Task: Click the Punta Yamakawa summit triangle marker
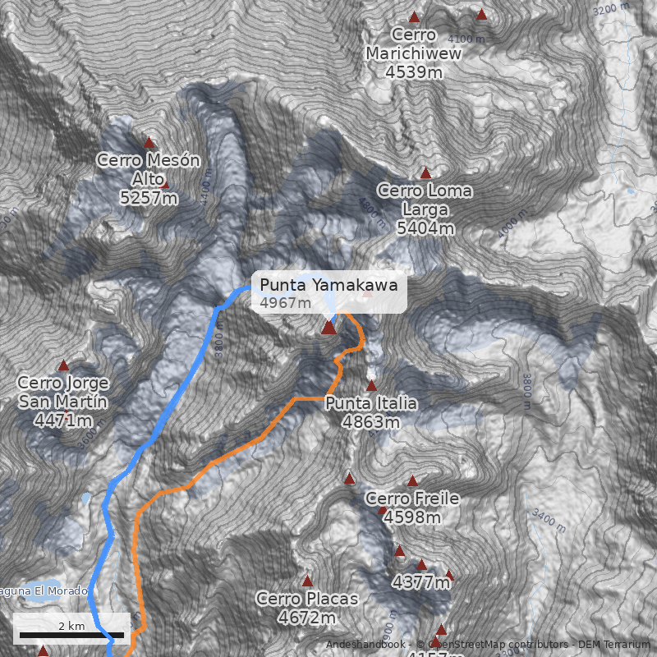(x=328, y=328)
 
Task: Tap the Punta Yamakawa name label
(x=328, y=285)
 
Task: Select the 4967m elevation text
(x=286, y=303)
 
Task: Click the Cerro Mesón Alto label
(x=149, y=169)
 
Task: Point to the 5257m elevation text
(x=149, y=197)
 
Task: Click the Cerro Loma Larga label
(x=425, y=200)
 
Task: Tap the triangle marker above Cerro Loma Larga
(x=425, y=173)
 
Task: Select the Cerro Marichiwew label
(x=414, y=44)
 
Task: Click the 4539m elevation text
(x=414, y=71)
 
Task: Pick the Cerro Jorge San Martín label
(x=63, y=392)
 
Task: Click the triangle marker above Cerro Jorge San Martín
(x=63, y=365)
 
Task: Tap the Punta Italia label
(x=371, y=403)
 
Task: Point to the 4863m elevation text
(x=371, y=422)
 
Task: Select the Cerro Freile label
(x=412, y=498)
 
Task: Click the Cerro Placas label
(x=307, y=599)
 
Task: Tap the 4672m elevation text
(x=307, y=617)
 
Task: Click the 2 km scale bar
(x=71, y=634)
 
